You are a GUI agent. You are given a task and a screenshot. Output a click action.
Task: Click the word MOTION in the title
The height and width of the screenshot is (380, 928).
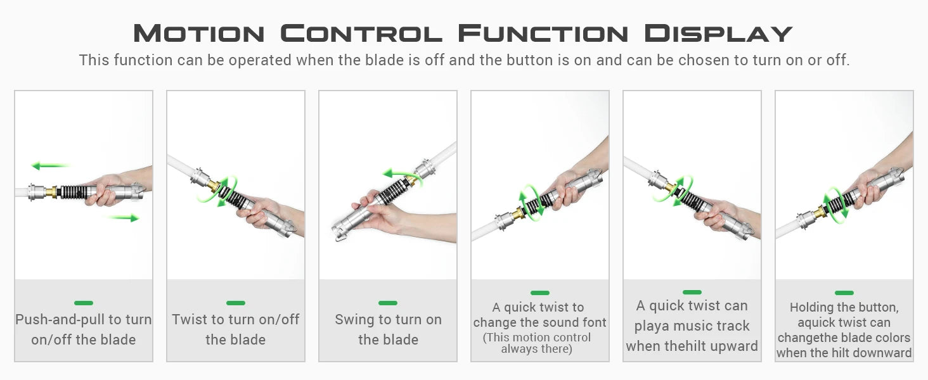click(199, 33)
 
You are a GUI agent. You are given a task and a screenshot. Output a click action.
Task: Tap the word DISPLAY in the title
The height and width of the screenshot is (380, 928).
click(718, 33)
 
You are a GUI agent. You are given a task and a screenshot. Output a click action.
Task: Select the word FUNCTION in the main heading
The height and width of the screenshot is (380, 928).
click(543, 33)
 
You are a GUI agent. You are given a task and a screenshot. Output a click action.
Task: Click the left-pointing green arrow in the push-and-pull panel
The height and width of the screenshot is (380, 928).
click(49, 166)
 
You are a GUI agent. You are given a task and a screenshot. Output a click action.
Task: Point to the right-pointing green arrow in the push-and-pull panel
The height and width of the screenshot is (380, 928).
click(123, 218)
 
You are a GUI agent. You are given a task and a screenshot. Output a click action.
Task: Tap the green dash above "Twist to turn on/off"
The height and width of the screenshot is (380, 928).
click(236, 303)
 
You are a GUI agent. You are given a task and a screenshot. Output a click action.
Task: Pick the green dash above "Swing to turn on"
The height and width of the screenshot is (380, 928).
click(388, 303)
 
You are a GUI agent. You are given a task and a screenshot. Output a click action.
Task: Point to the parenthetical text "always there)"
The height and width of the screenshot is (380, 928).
click(536, 349)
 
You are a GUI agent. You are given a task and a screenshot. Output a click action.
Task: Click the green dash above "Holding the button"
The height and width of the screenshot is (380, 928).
click(844, 293)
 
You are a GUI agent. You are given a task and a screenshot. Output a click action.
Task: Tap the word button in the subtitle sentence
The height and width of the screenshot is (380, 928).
click(531, 60)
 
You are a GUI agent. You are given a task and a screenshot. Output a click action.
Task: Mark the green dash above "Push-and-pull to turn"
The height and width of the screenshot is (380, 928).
click(84, 303)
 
